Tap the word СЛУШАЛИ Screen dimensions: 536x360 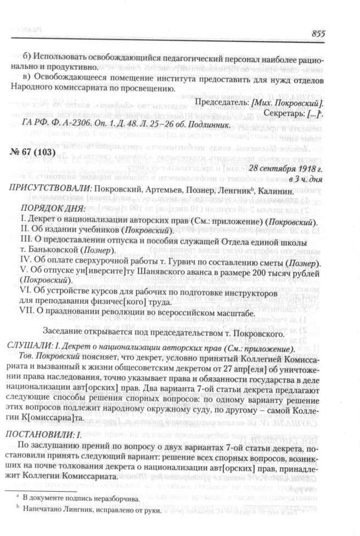[29, 350]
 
